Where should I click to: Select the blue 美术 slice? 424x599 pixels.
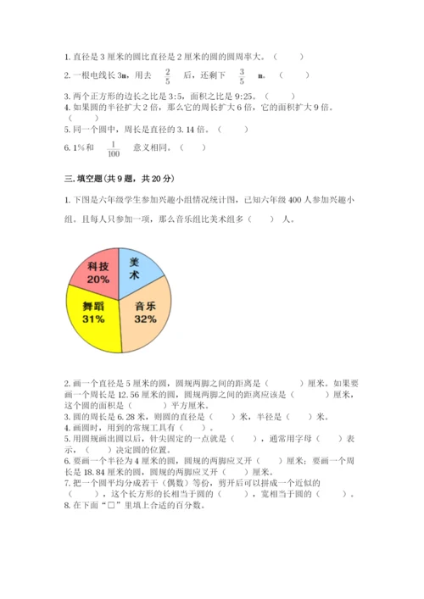tap(137, 269)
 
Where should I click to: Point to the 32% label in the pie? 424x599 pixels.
tap(145, 319)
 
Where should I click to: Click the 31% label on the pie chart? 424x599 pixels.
tap(94, 319)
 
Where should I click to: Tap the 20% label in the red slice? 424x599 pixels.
tap(98, 279)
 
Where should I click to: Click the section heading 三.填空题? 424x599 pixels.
tap(90, 178)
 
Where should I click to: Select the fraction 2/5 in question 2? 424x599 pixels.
tap(168, 76)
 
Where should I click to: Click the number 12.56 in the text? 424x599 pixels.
tap(138, 394)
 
